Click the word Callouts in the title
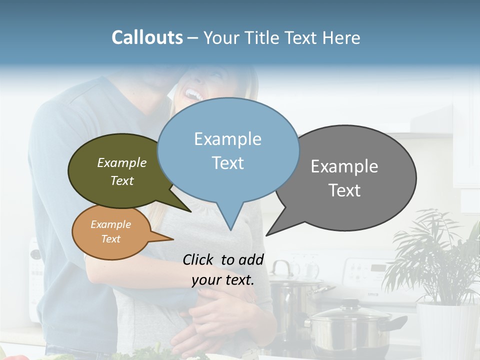(147, 37)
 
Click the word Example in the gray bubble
(344, 166)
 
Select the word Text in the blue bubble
(228, 163)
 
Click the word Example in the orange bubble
(110, 224)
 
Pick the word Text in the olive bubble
(122, 181)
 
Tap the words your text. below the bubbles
(222, 280)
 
